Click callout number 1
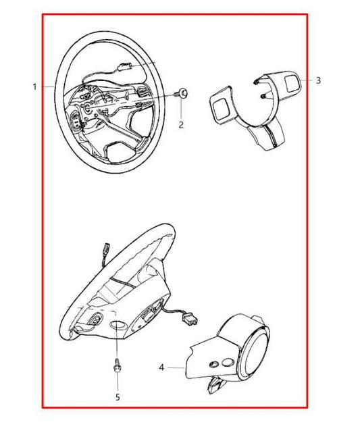pos(34,87)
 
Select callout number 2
pos(181,125)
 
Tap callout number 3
pos(318,80)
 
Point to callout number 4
pos(161,368)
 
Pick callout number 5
pos(117,396)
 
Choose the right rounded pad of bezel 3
pos(294,84)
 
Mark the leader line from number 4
pos(177,368)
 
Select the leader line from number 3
pos(308,80)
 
